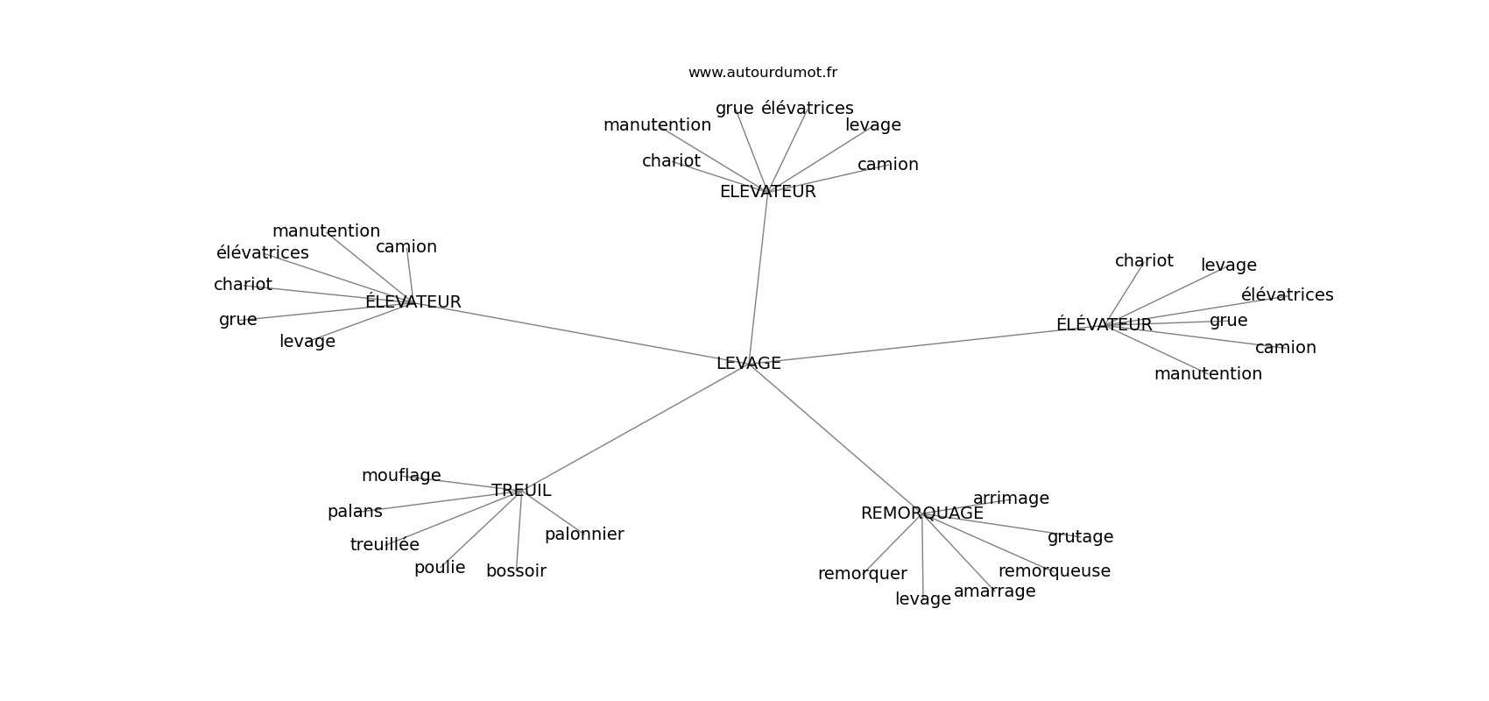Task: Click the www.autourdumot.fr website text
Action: pyautogui.click(x=762, y=73)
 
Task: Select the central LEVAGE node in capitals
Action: pyautogui.click(x=749, y=363)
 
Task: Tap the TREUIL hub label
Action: pyautogui.click(x=521, y=490)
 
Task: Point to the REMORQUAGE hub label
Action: pyautogui.click(x=922, y=513)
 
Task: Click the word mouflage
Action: pyautogui.click(x=401, y=476)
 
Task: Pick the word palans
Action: pyautogui.click(x=355, y=512)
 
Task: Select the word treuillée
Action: pyautogui.click(x=385, y=544)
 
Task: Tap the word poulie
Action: pyautogui.click(x=440, y=567)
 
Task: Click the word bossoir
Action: pyautogui.click(x=517, y=570)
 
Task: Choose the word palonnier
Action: pyautogui.click(x=584, y=534)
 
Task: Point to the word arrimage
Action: pyautogui.click(x=1011, y=499)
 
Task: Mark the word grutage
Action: pyautogui.click(x=1080, y=537)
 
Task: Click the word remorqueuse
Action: pyautogui.click(x=1055, y=570)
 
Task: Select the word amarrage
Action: pyautogui.click(x=994, y=591)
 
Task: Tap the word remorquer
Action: pyautogui.click(x=862, y=573)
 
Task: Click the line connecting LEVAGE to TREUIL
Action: pyautogui.click(x=632, y=429)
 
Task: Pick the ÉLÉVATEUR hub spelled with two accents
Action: pyautogui.click(x=1104, y=324)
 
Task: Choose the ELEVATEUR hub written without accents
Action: pyautogui.click(x=768, y=192)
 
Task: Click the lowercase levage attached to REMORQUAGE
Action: pyautogui.click(x=923, y=599)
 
